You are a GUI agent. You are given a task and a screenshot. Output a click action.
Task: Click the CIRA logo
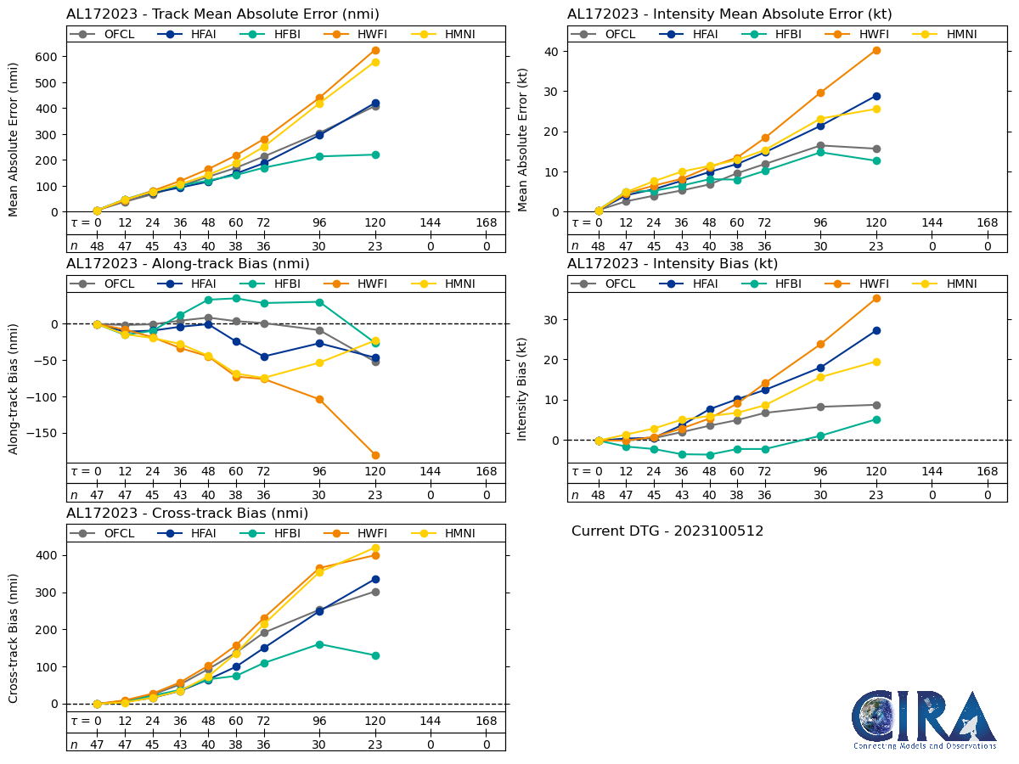point(924,720)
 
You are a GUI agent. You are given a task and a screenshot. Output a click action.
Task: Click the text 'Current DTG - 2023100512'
point(667,531)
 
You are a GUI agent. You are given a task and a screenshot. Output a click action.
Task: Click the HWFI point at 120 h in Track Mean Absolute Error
point(375,50)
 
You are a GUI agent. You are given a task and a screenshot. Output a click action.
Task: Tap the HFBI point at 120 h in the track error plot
point(375,154)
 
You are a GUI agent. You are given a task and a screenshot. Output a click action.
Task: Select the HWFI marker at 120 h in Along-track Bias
point(375,455)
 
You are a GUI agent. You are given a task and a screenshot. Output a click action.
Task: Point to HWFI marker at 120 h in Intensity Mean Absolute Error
point(876,50)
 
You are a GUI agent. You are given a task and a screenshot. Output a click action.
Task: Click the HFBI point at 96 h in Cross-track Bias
point(319,644)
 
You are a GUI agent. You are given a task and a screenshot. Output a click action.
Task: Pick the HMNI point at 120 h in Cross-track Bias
point(375,548)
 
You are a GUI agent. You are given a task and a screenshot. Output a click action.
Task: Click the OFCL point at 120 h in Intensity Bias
point(876,405)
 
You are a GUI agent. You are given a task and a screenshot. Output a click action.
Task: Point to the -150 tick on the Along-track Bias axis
point(42,433)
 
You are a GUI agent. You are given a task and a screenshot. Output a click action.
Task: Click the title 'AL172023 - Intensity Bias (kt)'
point(673,264)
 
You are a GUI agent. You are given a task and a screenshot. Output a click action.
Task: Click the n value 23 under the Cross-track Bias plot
point(375,744)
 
